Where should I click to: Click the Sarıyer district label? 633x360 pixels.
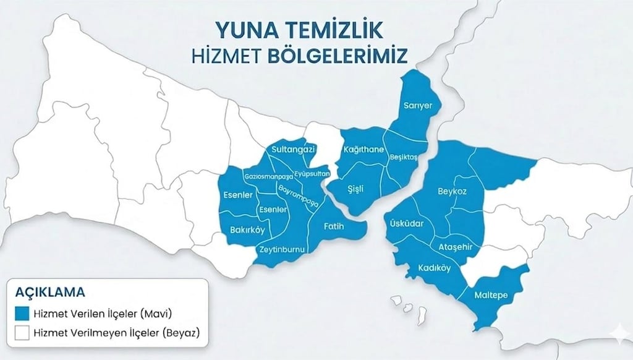417,106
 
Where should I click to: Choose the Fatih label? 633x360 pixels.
334,226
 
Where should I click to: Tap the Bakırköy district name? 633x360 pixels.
247,230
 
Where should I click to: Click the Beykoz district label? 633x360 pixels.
452,191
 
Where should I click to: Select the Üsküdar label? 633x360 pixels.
405,223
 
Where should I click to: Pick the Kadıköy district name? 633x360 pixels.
434,268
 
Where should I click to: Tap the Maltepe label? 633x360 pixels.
491,295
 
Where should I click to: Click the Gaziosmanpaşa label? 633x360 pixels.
268,176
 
